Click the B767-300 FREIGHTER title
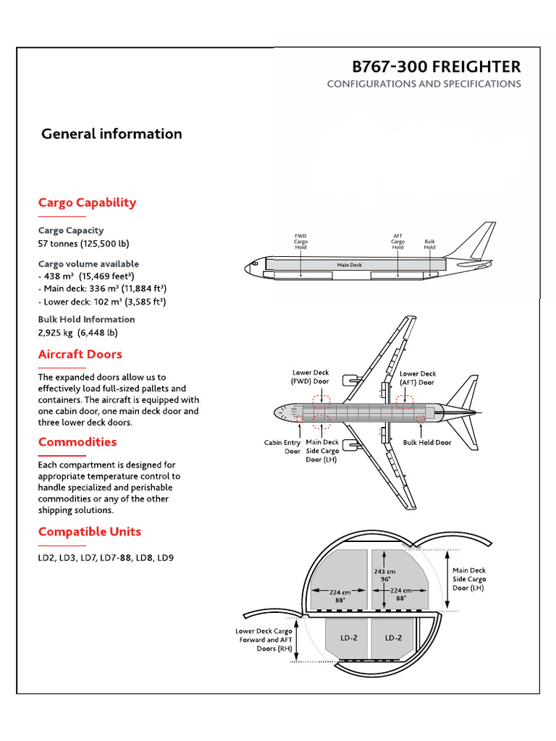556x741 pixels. [436, 67]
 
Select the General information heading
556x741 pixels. [111, 134]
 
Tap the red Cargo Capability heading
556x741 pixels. [87, 203]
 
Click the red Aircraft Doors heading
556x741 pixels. [80, 354]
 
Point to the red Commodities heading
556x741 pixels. [77, 442]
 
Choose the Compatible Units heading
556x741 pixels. [89, 532]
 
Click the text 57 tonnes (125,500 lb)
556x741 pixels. [83, 243]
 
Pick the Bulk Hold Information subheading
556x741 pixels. [86, 319]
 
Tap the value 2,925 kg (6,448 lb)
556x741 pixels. [77, 333]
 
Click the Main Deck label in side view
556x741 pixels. [349, 265]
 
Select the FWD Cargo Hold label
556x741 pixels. [300, 242]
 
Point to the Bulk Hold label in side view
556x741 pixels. [429, 244]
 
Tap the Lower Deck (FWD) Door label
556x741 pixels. [310, 377]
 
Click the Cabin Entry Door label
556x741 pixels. [282, 446]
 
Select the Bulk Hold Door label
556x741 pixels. [426, 442]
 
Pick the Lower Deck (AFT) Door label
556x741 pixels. [417, 378]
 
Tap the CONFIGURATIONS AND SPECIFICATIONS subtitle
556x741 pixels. [424, 84]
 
